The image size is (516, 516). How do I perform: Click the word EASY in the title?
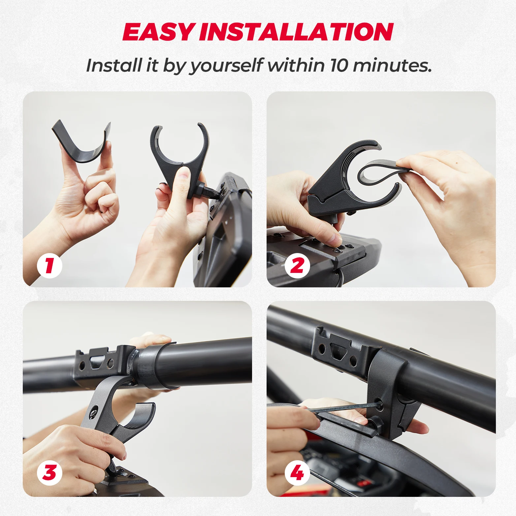[x=158, y=32]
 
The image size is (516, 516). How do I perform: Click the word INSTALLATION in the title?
[x=296, y=32]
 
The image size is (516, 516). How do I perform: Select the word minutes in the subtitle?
[x=392, y=65]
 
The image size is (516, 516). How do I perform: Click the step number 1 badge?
[x=49, y=266]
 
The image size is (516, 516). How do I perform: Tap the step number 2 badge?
[x=297, y=266]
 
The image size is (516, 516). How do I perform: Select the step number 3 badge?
[x=49, y=473]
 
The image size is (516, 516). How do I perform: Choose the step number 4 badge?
[x=297, y=473]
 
